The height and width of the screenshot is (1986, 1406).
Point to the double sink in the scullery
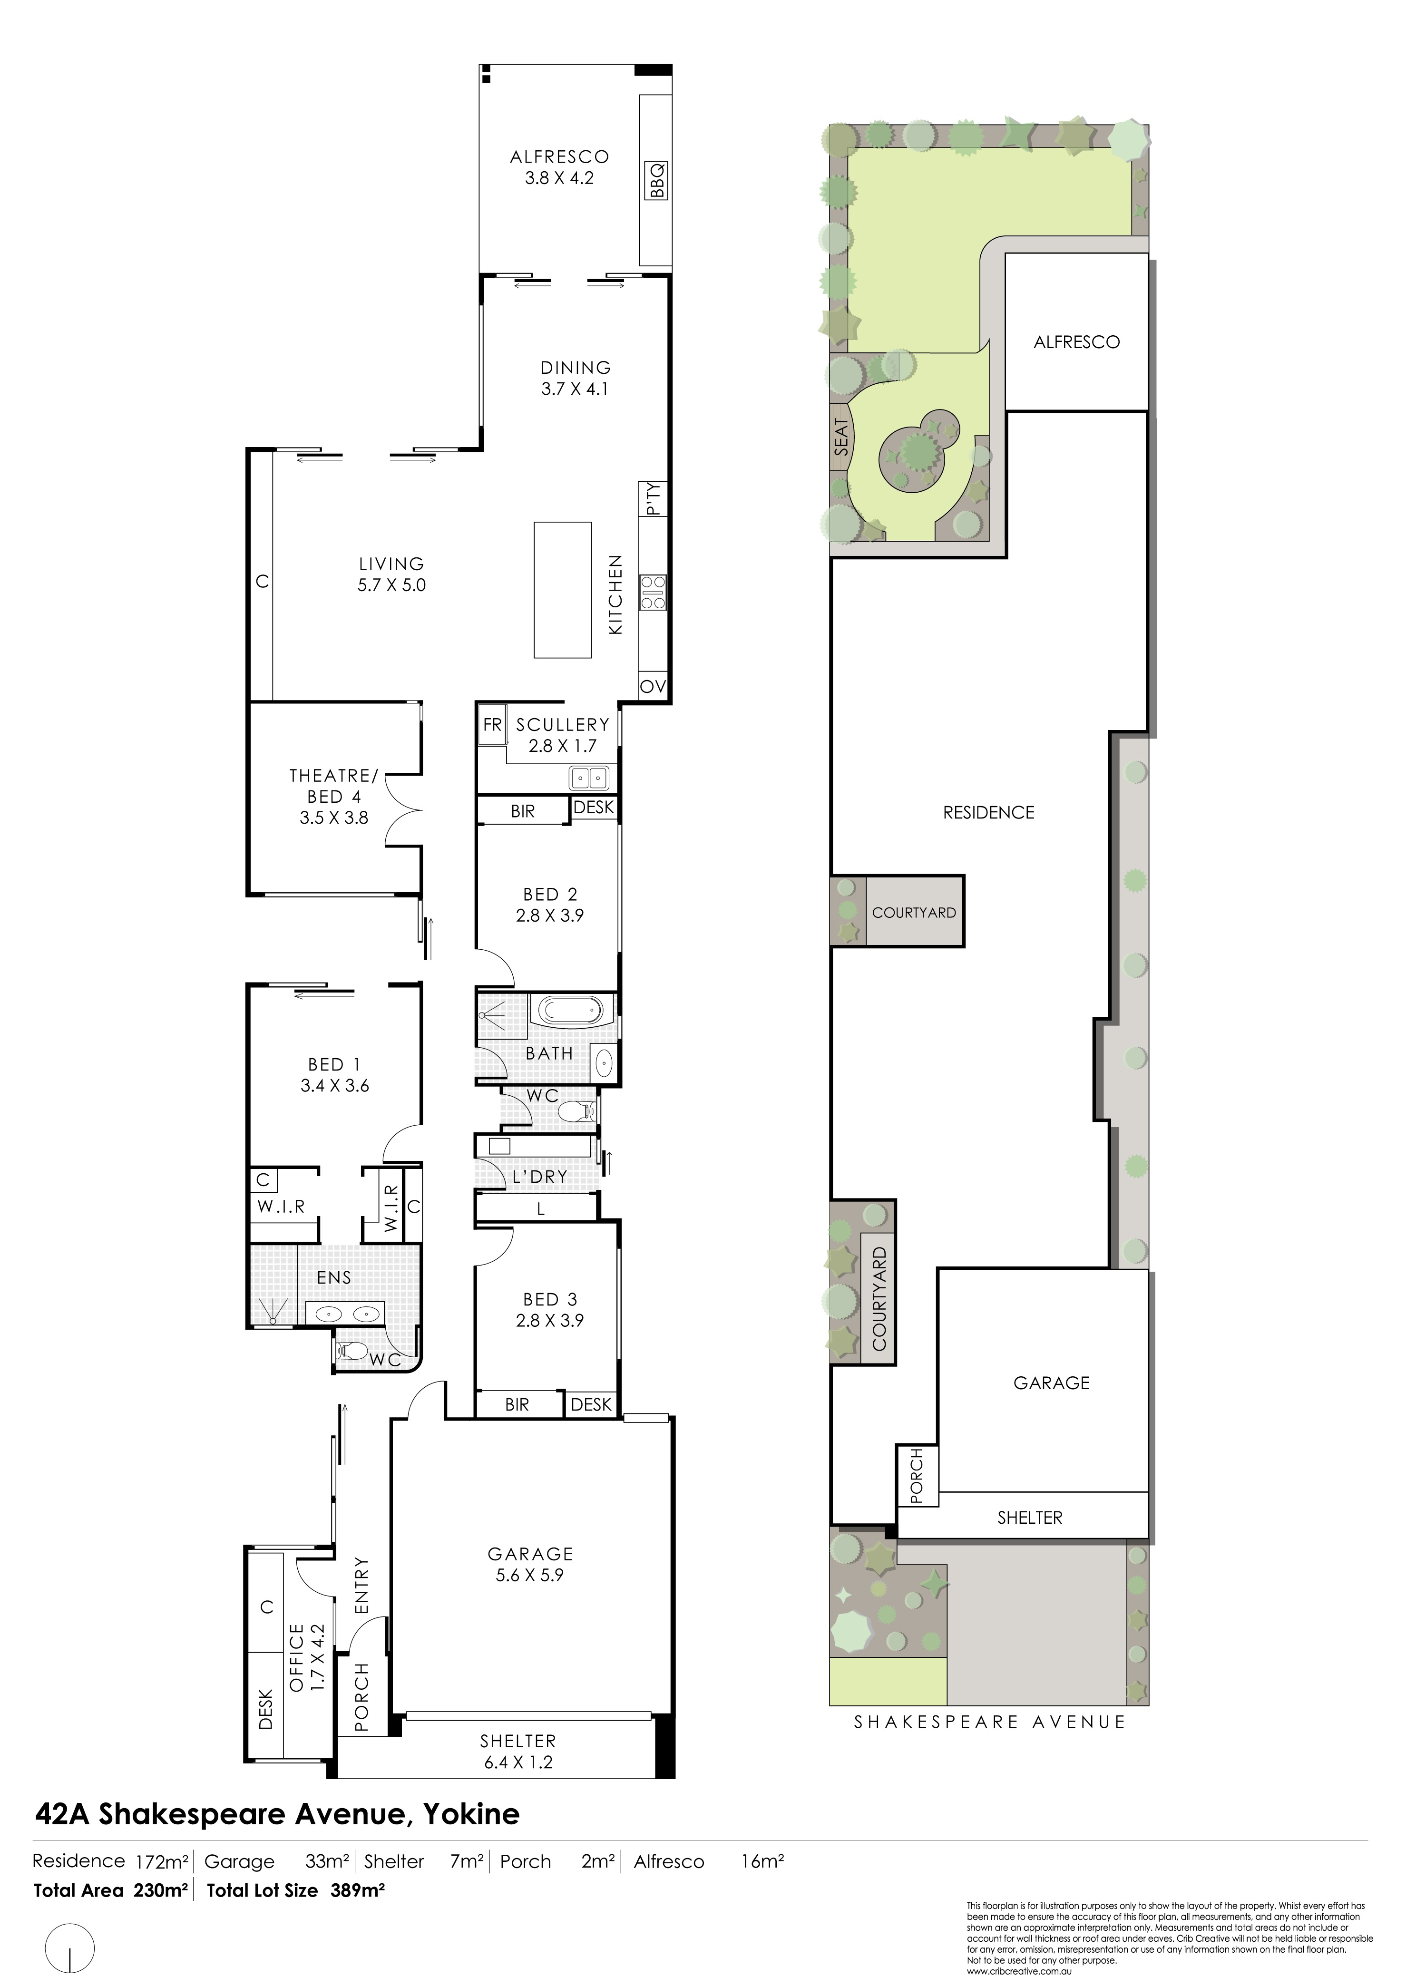[589, 778]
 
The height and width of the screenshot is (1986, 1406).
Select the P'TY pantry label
[654, 499]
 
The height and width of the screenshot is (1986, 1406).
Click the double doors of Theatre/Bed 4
[403, 810]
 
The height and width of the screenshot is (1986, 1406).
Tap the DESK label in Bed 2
[594, 808]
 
